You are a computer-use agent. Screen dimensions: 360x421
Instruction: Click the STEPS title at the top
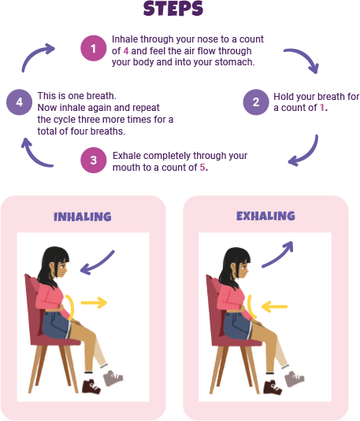pyautogui.click(x=173, y=9)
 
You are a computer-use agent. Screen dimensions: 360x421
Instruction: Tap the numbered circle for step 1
pyautogui.click(x=93, y=48)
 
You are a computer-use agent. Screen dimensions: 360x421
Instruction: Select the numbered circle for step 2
pyautogui.click(x=256, y=102)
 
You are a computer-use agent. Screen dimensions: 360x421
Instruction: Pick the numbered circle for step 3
pyautogui.click(x=93, y=160)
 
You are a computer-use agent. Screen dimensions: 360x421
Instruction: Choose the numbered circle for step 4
pyautogui.click(x=20, y=102)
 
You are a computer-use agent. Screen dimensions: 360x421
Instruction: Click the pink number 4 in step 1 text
pyautogui.click(x=126, y=50)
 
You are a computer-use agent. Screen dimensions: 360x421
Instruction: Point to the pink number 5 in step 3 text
pyautogui.click(x=202, y=168)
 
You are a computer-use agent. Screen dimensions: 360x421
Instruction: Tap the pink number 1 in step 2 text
pyautogui.click(x=322, y=108)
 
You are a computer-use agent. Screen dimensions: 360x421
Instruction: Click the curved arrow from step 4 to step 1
pyautogui.click(x=34, y=54)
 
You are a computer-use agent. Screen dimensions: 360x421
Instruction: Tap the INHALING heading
pyautogui.click(x=83, y=216)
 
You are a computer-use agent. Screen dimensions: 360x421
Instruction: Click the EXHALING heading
pyautogui.click(x=265, y=216)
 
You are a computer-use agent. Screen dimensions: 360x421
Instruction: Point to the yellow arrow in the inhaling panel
pyautogui.click(x=94, y=303)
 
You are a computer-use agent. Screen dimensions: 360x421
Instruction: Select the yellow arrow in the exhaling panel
pyautogui.click(x=274, y=307)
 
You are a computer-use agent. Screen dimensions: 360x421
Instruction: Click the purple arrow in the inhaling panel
pyautogui.click(x=98, y=263)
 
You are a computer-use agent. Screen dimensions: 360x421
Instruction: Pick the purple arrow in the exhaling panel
pyautogui.click(x=278, y=255)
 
